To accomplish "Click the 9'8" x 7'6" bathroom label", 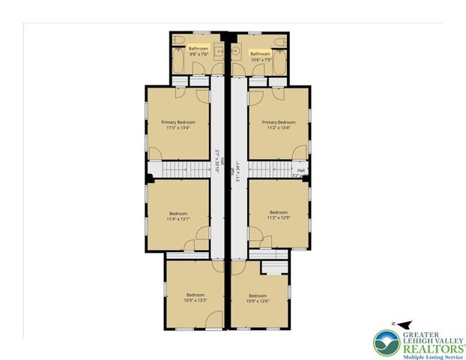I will [199, 51].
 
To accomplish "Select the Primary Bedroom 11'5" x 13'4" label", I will [178, 124].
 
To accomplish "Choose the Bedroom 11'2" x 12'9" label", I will [279, 215].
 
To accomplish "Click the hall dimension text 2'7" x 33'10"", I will [216, 159].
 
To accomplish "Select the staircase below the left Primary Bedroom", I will [179, 170].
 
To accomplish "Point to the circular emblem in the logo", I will [389, 343].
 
